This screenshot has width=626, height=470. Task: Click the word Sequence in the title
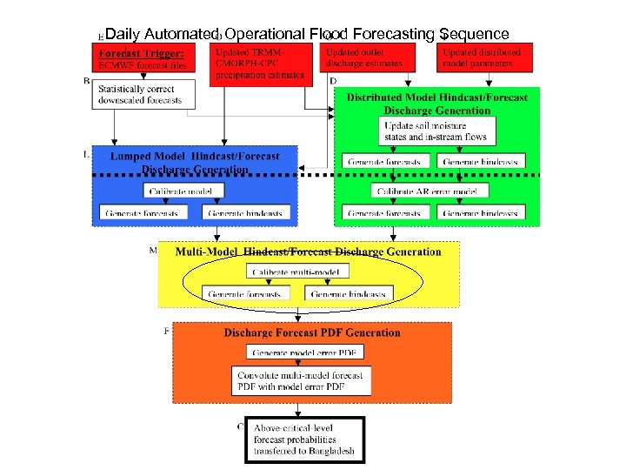point(474,34)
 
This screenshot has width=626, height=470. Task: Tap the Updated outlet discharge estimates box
point(364,57)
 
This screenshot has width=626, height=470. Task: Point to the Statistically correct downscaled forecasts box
point(144,94)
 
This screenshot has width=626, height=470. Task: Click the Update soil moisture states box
point(438,131)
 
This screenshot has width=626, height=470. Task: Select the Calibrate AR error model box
point(425,191)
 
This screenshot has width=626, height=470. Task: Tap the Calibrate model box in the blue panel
point(181,191)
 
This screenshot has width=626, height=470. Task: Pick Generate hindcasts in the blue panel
point(244,212)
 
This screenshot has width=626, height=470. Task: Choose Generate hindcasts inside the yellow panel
point(349,294)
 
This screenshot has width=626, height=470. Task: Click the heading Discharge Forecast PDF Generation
point(312,332)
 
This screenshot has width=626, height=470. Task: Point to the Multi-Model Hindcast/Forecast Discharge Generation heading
point(308,252)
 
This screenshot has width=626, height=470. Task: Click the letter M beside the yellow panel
point(153,251)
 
